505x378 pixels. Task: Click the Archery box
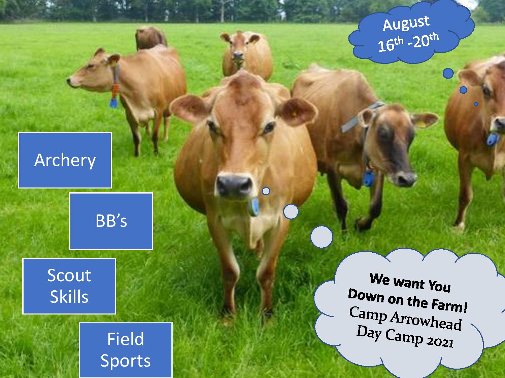click(x=65, y=160)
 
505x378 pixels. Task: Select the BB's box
click(x=111, y=221)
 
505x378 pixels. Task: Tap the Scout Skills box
click(x=69, y=286)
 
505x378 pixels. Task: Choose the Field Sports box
click(x=126, y=350)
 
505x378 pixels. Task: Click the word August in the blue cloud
click(x=406, y=23)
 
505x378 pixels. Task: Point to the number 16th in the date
click(x=391, y=44)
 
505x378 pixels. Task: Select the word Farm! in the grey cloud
click(x=449, y=306)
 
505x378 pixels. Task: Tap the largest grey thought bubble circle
click(x=322, y=237)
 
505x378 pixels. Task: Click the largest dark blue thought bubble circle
click(x=448, y=74)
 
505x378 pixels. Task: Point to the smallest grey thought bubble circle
click(x=266, y=191)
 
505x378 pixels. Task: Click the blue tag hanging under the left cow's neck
click(x=114, y=102)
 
